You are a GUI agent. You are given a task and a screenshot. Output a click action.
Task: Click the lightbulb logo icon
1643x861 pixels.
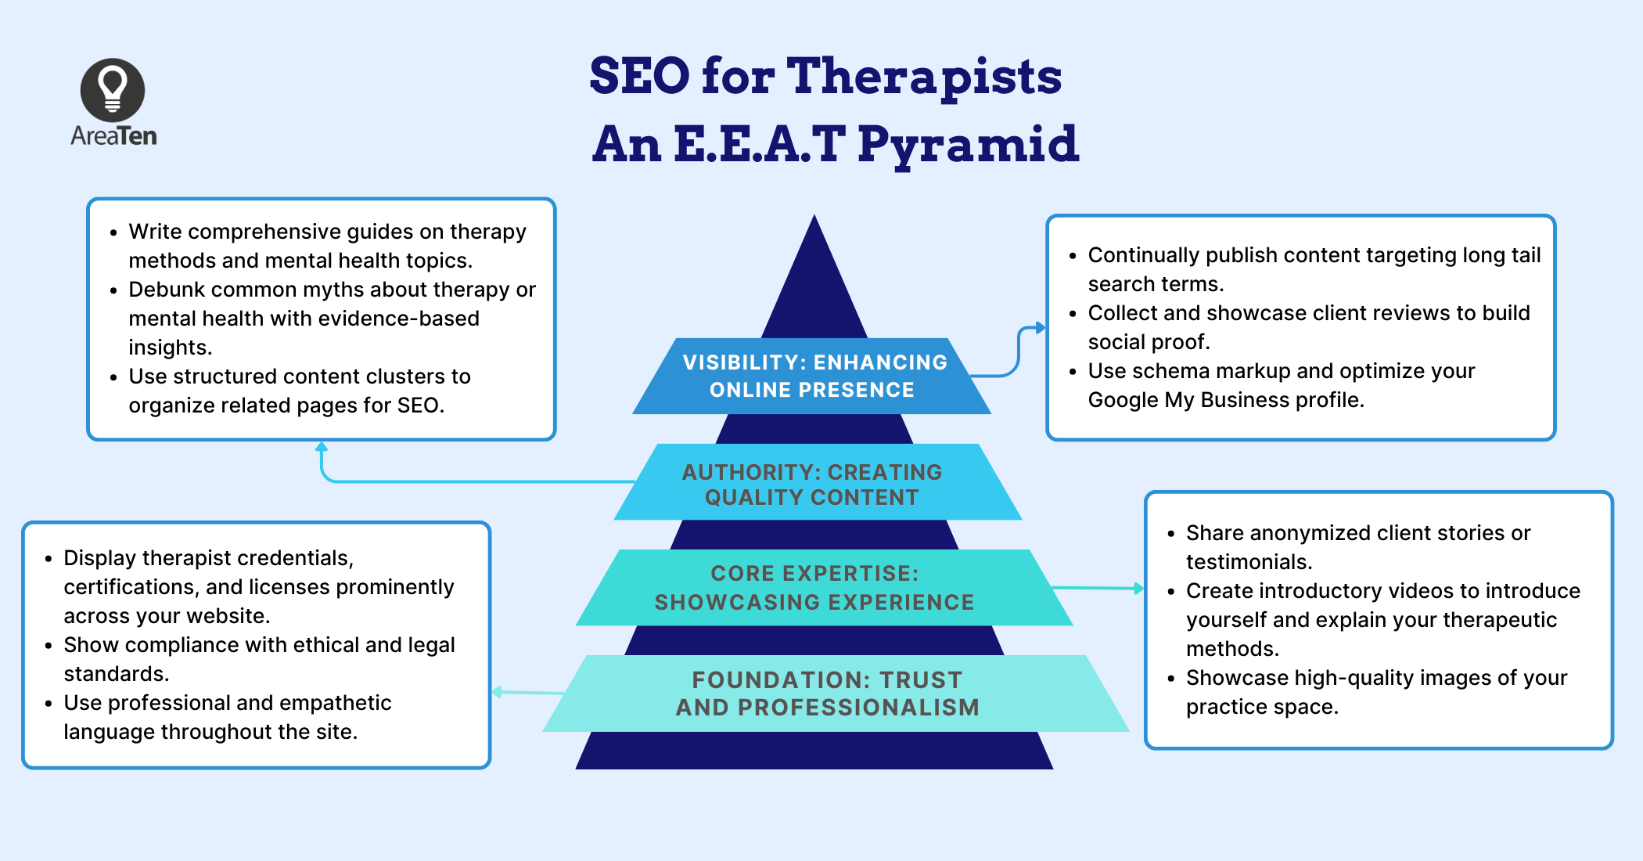point(113,89)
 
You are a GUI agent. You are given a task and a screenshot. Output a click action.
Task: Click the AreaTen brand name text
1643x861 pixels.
point(113,136)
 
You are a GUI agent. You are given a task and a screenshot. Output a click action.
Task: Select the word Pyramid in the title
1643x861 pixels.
point(968,145)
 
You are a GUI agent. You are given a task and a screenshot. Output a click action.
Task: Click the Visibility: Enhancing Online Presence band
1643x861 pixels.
point(813,376)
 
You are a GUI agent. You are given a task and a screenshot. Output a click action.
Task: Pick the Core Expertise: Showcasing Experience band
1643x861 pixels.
point(814,588)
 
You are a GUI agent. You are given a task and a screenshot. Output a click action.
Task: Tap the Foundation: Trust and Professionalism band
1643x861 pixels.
point(827,693)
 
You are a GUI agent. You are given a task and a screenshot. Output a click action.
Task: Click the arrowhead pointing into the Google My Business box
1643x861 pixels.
point(1040,328)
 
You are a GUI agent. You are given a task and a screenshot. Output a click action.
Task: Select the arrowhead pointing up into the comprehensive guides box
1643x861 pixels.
point(322,447)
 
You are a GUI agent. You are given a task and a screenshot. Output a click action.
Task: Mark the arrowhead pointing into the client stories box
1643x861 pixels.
point(1139,588)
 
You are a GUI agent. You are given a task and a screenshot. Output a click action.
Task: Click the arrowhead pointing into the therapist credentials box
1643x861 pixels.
point(498,692)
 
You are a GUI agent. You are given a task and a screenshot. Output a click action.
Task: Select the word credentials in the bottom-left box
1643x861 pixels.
point(296,558)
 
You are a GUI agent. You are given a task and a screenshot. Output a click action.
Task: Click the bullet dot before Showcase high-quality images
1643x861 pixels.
point(1170,679)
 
